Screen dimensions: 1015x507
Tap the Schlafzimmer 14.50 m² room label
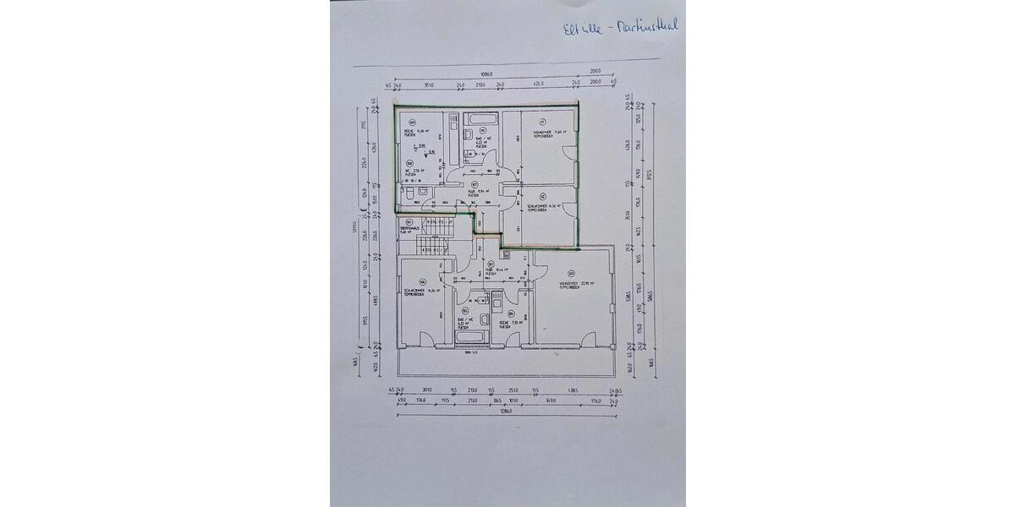[x=541, y=205]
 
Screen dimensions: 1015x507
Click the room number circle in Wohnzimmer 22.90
[x=572, y=272]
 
